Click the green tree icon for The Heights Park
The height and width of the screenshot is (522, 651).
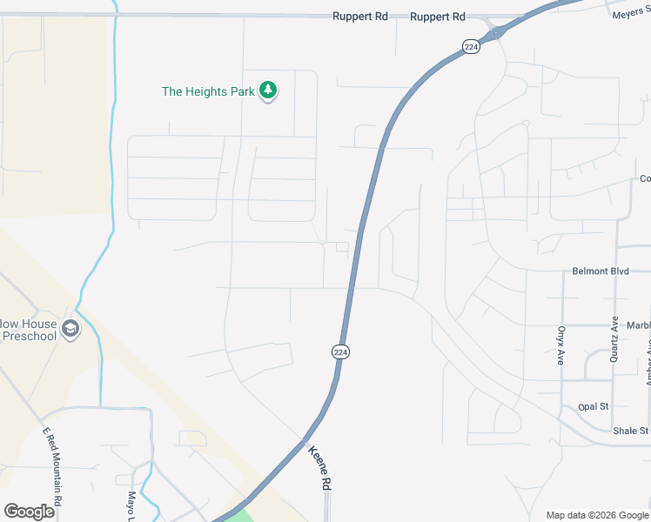(269, 90)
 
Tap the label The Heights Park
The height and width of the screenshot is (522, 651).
(207, 91)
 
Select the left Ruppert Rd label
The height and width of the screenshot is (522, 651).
(359, 17)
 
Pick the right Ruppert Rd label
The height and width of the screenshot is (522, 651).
(437, 17)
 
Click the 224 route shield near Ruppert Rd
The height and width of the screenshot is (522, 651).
(471, 47)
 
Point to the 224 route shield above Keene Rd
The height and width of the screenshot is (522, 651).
(340, 351)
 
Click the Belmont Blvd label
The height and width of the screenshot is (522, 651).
(600, 271)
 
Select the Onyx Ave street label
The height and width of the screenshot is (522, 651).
(561, 345)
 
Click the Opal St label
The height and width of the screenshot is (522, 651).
(593, 406)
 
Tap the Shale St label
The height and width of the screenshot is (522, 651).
(630, 430)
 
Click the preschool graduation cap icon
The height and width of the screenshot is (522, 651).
(71, 329)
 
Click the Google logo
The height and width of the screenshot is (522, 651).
(29, 511)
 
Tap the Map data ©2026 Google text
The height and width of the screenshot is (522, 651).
(596, 515)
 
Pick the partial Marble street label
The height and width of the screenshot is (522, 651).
(638, 326)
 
